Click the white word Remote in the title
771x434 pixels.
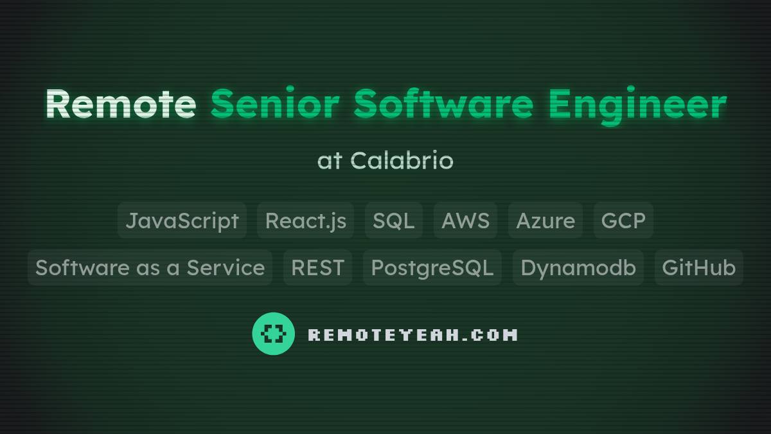pos(120,104)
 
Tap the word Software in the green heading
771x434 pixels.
pos(443,104)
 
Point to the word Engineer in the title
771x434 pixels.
pos(637,104)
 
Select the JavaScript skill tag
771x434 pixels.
pos(182,221)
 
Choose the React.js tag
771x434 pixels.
pos(306,221)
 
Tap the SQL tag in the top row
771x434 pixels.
pos(393,221)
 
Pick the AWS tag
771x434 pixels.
pos(465,221)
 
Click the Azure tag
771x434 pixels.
pos(545,221)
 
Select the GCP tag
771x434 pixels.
pos(623,221)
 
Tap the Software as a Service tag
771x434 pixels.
pos(150,267)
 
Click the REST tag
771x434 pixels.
pos(317,267)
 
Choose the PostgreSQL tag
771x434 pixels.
pos(432,267)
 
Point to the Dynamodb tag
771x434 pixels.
pos(578,267)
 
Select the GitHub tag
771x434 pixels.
pos(698,267)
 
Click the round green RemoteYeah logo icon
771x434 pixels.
pos(273,334)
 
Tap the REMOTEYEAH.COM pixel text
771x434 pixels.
pos(412,335)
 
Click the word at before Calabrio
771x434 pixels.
pos(329,161)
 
